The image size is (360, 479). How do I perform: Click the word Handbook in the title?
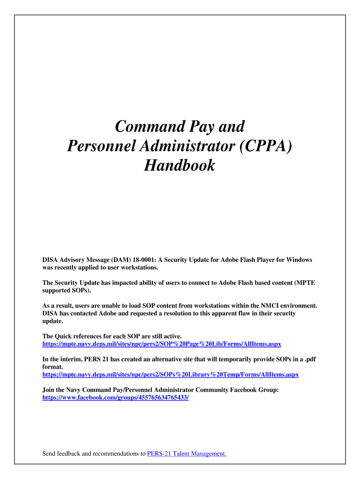click(x=180, y=165)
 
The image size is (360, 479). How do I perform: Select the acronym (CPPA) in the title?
click(x=265, y=145)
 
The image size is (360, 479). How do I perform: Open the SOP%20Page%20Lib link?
click(x=162, y=344)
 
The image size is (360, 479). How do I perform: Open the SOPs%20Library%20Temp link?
click(x=170, y=375)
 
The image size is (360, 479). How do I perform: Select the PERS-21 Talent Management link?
click(x=187, y=453)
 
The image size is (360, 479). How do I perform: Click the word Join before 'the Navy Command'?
click(x=49, y=390)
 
